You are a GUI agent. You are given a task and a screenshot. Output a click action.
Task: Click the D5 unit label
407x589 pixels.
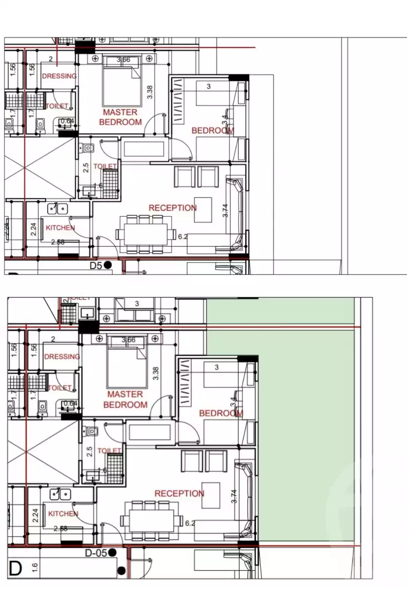coord(96,265)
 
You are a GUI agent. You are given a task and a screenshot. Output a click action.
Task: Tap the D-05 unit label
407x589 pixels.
coord(96,553)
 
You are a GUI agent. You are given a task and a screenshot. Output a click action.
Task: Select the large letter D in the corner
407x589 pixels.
coord(15,569)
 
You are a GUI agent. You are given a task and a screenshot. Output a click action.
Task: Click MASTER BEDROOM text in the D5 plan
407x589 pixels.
coord(120,117)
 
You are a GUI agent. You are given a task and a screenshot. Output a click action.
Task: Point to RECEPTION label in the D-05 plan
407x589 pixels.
coord(179,493)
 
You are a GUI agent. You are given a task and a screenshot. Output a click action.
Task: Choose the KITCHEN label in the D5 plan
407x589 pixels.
coord(60,228)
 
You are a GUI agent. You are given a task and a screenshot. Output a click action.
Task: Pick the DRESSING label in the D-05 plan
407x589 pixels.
coord(62,357)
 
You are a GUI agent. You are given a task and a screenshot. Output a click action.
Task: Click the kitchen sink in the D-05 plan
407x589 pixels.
coord(62,494)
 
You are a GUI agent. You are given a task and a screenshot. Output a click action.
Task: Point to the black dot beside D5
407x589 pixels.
coord(107,265)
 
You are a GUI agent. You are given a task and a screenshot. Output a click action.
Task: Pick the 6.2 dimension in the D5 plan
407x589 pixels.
coord(183,237)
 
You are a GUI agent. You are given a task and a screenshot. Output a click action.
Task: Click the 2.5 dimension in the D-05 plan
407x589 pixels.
coord(90,451)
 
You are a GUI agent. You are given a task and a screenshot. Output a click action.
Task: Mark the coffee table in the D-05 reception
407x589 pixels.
coord(212,491)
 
